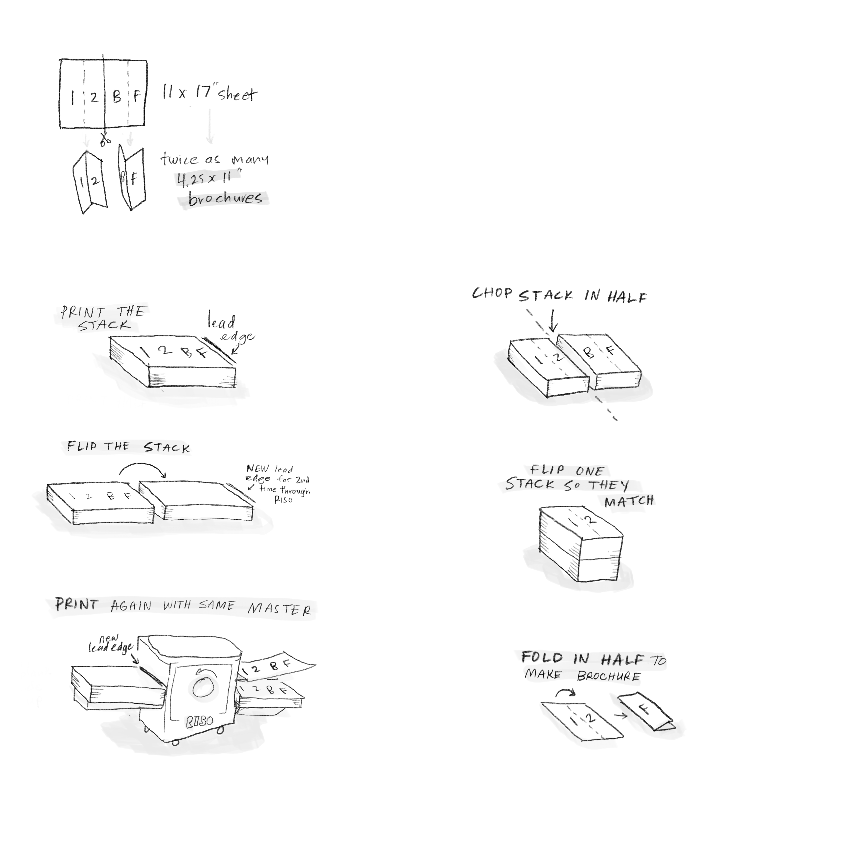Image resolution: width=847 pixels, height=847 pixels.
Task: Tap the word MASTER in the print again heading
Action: pos(279,609)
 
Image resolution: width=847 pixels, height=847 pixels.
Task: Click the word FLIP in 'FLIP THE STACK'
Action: pos(82,446)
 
